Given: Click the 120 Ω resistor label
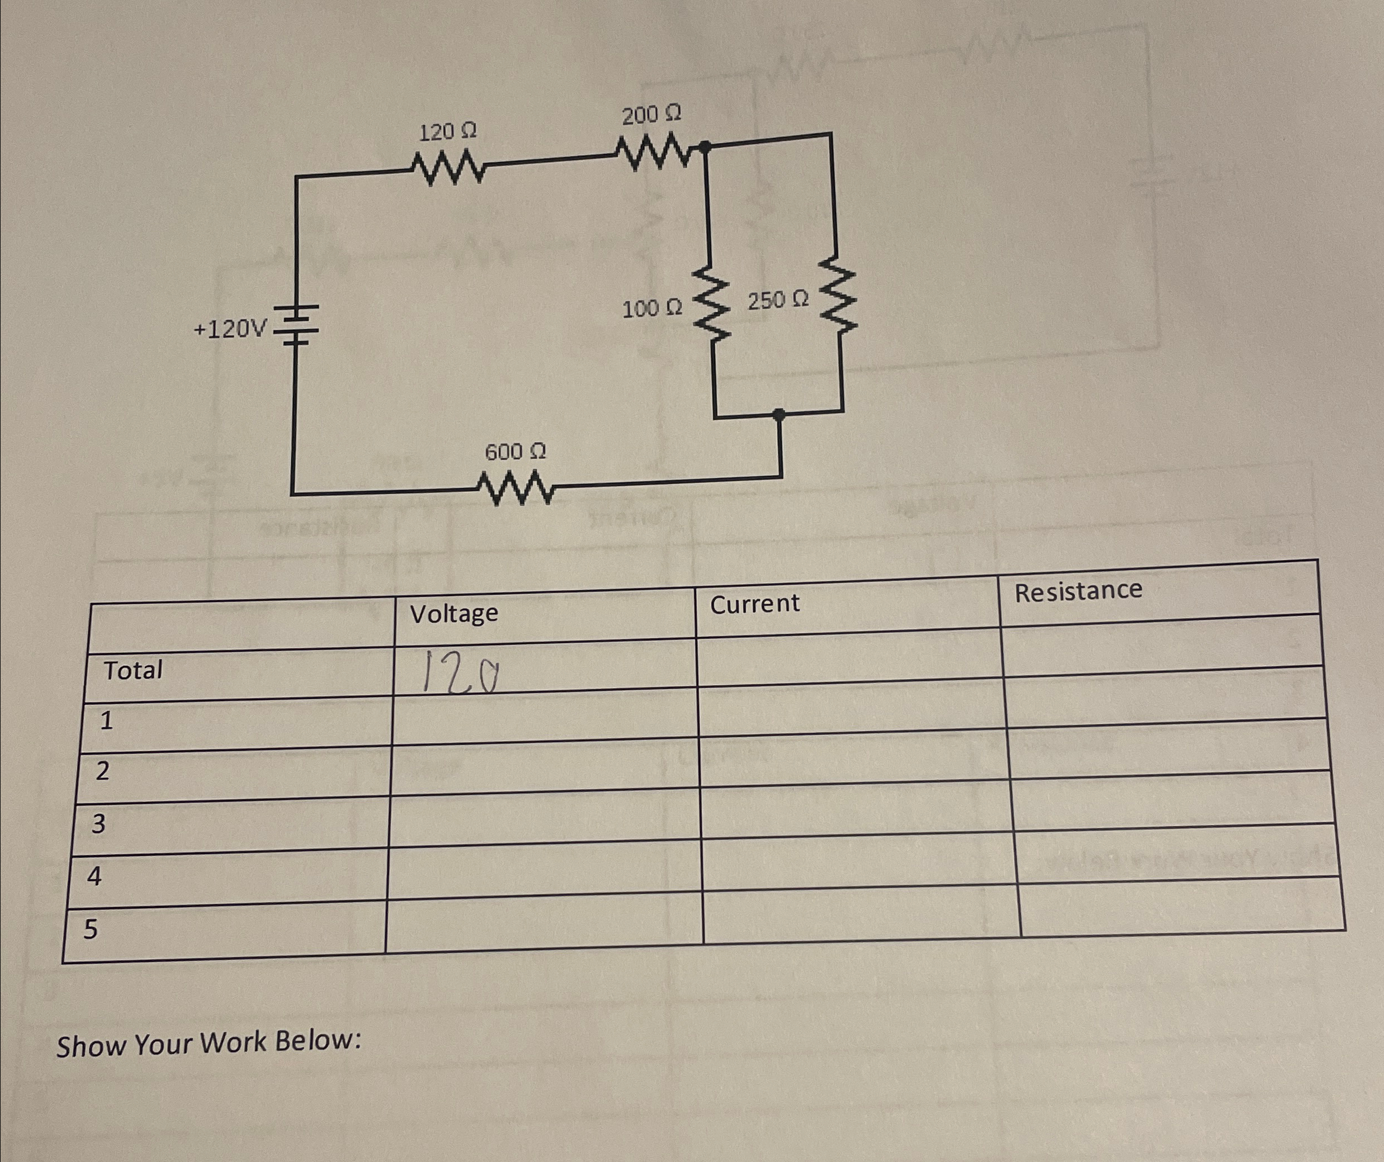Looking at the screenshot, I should click(447, 132).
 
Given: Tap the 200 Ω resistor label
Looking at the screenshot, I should click(651, 115).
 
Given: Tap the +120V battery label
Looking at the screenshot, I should click(230, 328).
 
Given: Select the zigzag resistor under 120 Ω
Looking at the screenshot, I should click(448, 168).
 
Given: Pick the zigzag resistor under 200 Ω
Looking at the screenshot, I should click(653, 151).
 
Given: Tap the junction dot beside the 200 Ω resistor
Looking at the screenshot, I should click(705, 147).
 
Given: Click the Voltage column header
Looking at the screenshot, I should click(454, 613).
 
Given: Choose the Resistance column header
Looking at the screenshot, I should click(1078, 591).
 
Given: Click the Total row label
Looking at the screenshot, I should click(133, 671).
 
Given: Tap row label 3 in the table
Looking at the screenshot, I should click(98, 823).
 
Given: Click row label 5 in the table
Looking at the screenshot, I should click(90, 929).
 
